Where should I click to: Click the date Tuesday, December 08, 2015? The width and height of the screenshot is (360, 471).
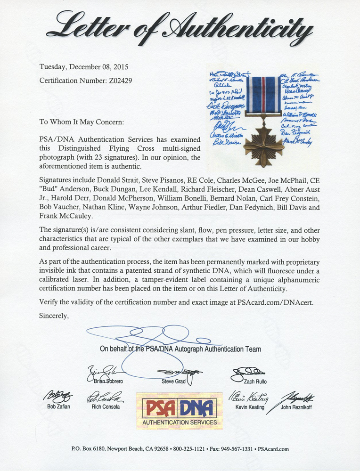pyautogui.click(x=83, y=67)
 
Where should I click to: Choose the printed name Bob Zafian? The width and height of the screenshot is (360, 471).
pyautogui.click(x=59, y=407)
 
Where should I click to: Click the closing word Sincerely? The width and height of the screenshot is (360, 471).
pyautogui.click(x=54, y=316)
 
